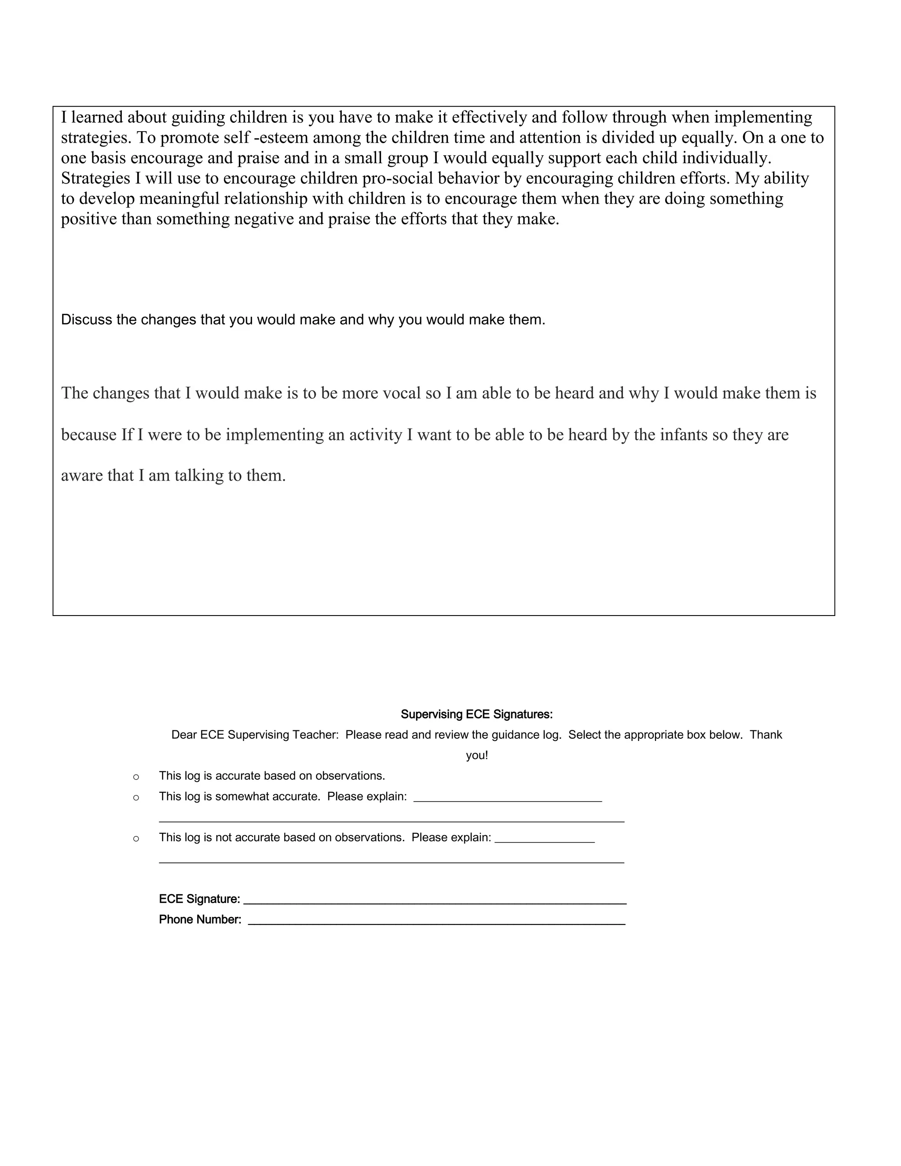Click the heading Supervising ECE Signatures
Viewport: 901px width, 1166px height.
click(476, 714)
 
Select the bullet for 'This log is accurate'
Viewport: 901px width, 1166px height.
click(136, 777)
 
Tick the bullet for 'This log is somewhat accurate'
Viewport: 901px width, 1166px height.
click(136, 798)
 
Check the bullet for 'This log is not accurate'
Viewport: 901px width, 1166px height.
click(136, 839)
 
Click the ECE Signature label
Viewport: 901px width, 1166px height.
click(199, 899)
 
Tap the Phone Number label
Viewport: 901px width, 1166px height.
click(200, 919)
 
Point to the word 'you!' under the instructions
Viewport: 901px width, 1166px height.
click(476, 755)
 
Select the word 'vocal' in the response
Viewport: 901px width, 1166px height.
click(401, 393)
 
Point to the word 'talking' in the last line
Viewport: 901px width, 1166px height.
click(198, 475)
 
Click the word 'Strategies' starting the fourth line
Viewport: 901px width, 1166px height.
click(95, 178)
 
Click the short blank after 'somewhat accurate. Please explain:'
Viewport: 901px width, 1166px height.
click(508, 798)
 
